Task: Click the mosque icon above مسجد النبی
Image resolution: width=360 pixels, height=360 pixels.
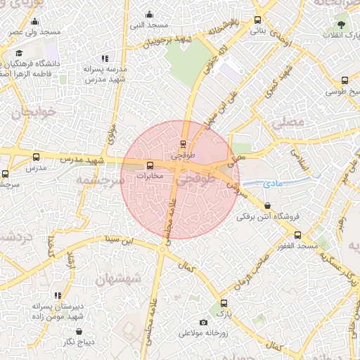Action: pyautogui.click(x=149, y=14)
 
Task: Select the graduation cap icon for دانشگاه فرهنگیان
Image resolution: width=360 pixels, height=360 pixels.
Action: pyautogui.click(x=19, y=53)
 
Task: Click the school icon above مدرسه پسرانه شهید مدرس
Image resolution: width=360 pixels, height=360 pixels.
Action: pyautogui.click(x=105, y=59)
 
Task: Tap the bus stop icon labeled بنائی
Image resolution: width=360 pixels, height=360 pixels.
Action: pyautogui.click(x=257, y=20)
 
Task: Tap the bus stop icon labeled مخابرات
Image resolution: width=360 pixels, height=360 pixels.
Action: pyautogui.click(x=149, y=165)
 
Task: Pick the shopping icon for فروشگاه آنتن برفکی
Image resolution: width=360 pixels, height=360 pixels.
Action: pyautogui.click(x=266, y=206)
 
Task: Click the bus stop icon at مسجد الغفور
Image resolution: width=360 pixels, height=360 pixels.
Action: pyautogui.click(x=297, y=235)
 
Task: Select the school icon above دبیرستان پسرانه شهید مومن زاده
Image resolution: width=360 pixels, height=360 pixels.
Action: pyautogui.click(x=58, y=296)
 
